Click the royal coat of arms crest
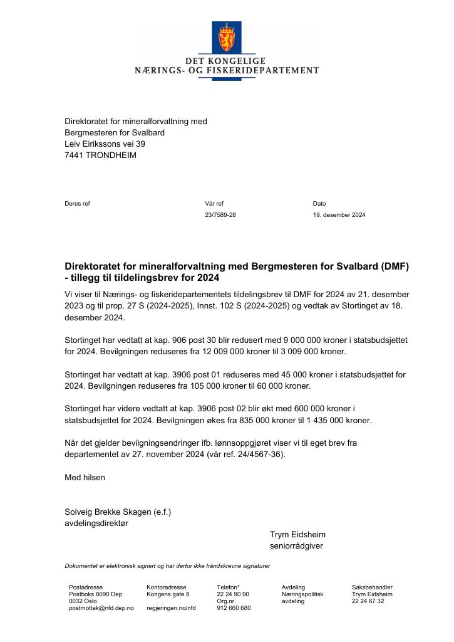(x=226, y=38)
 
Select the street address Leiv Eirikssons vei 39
(x=105, y=144)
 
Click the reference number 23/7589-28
(x=220, y=215)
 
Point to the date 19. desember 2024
(x=339, y=215)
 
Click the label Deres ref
(x=77, y=204)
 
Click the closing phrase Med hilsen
(x=85, y=477)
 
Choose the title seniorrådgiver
(x=296, y=546)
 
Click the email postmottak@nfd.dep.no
(x=101, y=608)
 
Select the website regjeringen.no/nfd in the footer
(x=171, y=608)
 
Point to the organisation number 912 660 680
(x=234, y=608)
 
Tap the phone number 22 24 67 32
(x=368, y=601)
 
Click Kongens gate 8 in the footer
(x=168, y=594)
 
